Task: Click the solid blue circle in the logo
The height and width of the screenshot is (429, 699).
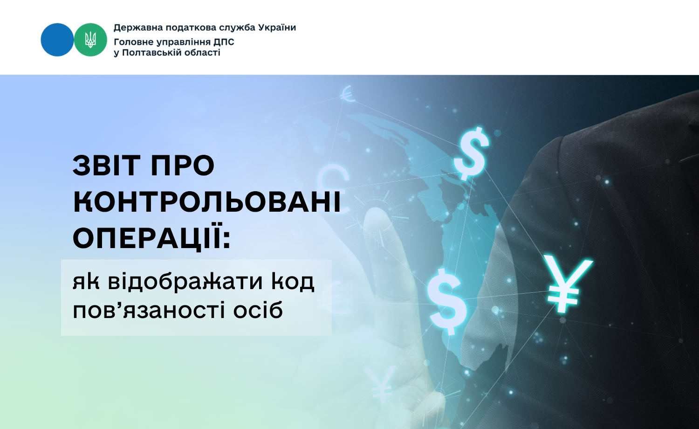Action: [x=57, y=40]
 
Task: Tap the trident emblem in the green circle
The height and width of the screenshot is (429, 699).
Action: [x=90, y=40]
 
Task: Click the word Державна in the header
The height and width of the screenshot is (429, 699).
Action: [x=138, y=28]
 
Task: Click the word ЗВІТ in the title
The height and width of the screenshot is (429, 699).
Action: [x=106, y=165]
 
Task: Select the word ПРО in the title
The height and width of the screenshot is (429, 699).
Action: [x=183, y=165]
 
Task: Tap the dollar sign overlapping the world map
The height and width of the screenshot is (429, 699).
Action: [x=471, y=153]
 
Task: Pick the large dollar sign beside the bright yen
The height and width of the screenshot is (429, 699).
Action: [x=447, y=301]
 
